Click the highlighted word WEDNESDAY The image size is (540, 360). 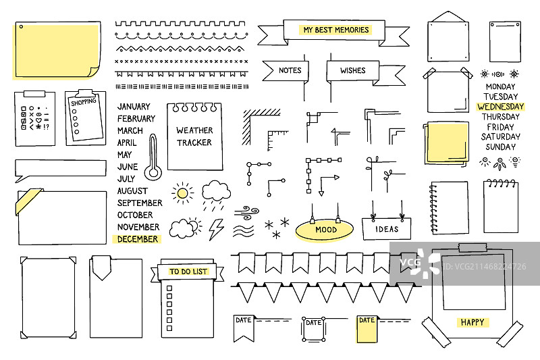point(500,107)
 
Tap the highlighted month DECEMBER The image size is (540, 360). point(138,239)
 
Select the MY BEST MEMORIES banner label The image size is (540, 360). point(336,30)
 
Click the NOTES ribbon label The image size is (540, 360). point(290,70)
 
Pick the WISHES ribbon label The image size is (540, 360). point(352,70)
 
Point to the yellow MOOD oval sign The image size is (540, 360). point(325,230)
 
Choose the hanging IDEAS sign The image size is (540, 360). point(387,229)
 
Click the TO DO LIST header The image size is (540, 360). point(188,272)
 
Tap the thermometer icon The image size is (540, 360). point(154,157)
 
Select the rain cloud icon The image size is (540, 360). point(216,192)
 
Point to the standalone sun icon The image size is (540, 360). point(182,194)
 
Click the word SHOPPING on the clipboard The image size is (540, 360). point(83,102)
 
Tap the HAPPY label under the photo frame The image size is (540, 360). point(473,322)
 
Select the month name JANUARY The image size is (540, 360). point(134,107)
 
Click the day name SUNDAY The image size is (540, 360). point(500,147)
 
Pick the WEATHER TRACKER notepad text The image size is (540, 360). point(194,136)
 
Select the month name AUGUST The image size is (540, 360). point(132,191)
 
